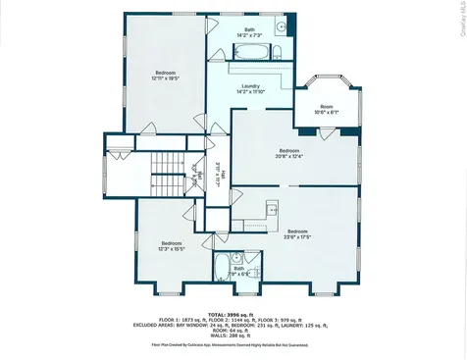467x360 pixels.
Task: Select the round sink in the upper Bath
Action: coord(279,27)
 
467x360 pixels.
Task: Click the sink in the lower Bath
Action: coord(252,259)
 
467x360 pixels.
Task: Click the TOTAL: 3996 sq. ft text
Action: coord(233,311)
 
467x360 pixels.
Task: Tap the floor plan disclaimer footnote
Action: coord(233,345)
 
